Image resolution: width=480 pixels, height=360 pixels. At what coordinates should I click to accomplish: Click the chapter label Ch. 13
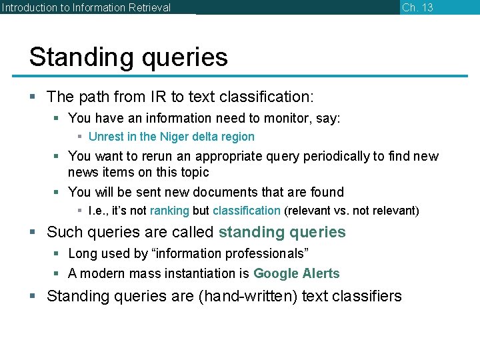[x=417, y=7]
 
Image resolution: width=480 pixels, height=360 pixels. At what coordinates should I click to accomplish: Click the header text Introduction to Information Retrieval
[x=86, y=8]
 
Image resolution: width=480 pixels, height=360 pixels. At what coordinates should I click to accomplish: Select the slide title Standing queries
[x=128, y=57]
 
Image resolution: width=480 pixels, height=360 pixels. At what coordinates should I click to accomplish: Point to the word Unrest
[x=105, y=137]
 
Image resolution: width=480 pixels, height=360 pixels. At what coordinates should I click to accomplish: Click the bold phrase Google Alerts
[x=296, y=273]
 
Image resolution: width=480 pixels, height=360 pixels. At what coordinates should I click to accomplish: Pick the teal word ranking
[x=169, y=211]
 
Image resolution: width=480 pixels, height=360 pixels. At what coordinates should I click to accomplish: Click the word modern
[x=103, y=273]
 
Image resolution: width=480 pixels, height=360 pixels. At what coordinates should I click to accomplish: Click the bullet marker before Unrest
[x=79, y=137]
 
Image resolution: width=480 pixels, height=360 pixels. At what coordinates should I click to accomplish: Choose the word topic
[x=193, y=172]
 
